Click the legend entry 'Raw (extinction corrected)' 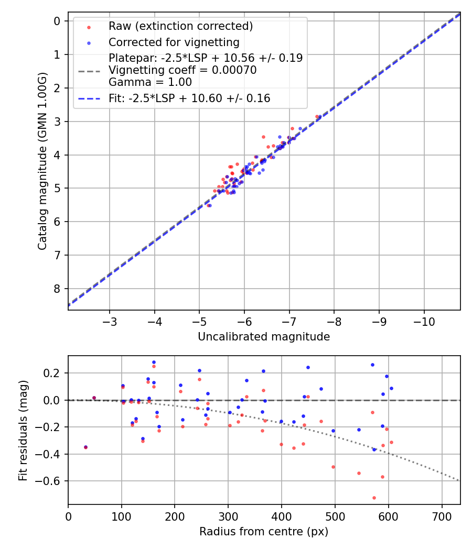[180, 26]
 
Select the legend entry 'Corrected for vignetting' [174, 42]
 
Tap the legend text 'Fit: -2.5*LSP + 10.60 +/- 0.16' [189, 98]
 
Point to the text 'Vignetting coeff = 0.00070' [183, 70]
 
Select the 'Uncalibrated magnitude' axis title [264, 337]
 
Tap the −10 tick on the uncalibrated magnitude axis [424, 321]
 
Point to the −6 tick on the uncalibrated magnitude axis [244, 321]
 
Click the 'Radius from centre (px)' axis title [264, 532]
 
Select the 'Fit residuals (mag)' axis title [23, 430]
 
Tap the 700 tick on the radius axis [442, 516]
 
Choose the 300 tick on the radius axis [228, 516]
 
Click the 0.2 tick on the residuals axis [54, 373]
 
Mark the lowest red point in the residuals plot [374, 498]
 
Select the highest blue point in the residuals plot [154, 362]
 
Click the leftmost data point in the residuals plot [85, 447]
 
